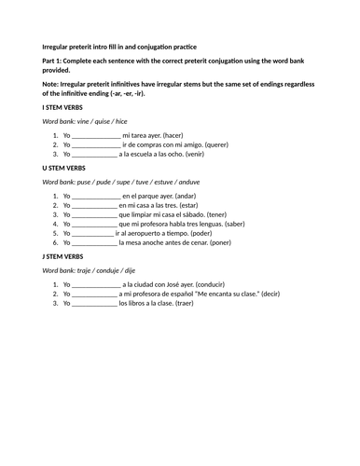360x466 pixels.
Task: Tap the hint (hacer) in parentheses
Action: (x=192, y=135)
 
